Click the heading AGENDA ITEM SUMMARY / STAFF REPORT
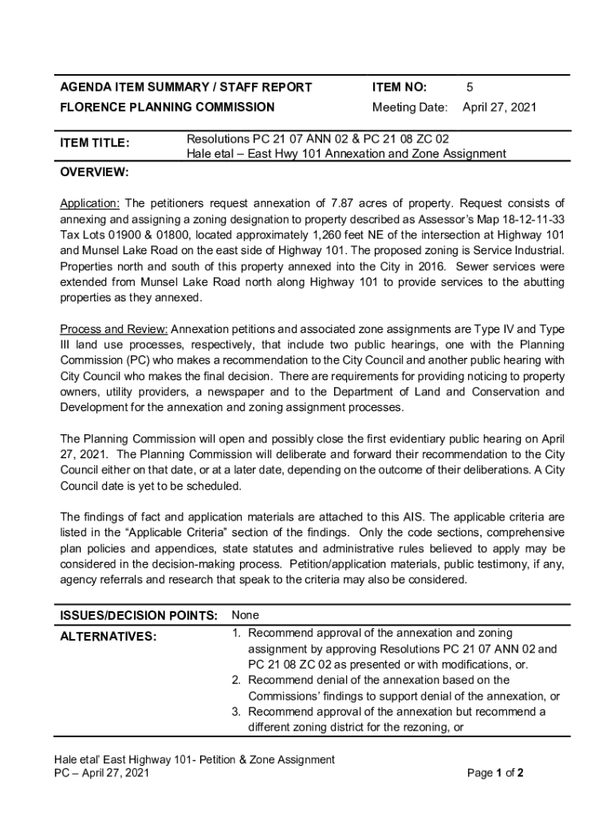point(186,87)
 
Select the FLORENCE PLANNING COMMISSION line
point(167,107)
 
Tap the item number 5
point(470,87)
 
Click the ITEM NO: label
point(399,87)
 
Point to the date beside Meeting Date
point(499,107)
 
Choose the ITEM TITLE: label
point(95,143)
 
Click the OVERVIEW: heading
point(95,172)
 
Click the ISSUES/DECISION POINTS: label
point(139,615)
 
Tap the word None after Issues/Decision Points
point(245,615)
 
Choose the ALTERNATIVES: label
point(108,636)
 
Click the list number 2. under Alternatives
point(237,680)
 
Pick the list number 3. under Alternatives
point(237,711)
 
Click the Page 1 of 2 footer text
point(494,773)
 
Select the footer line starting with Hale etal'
point(189,759)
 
